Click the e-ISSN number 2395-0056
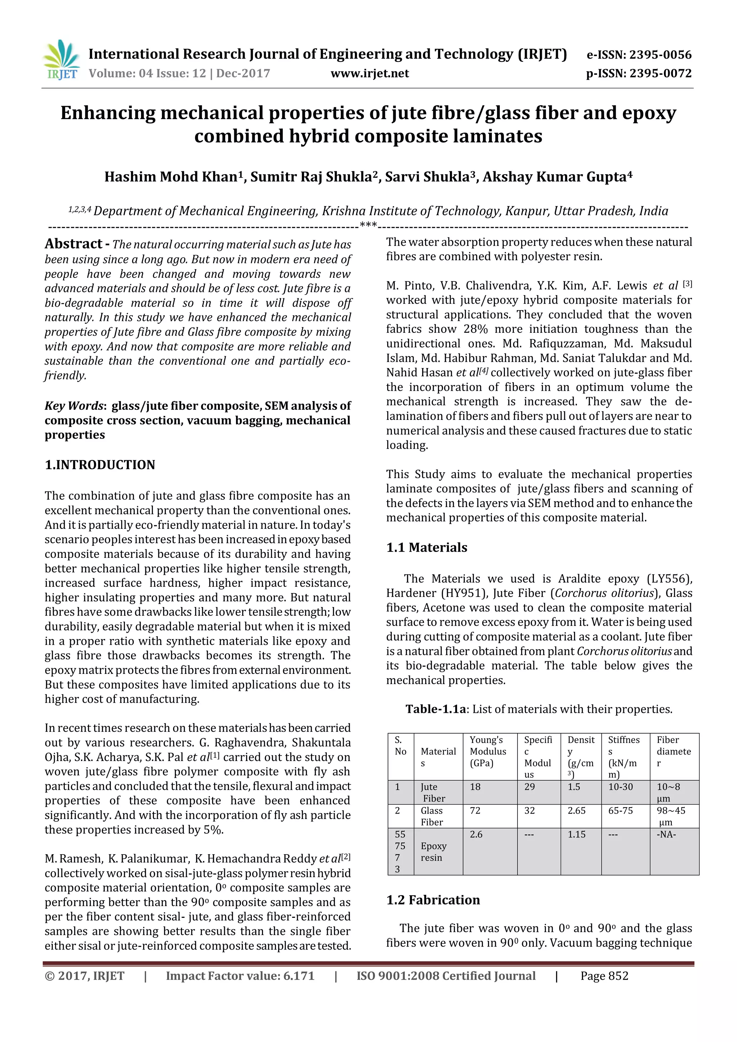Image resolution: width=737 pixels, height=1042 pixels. (x=639, y=55)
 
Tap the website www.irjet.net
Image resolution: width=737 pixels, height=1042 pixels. (x=370, y=73)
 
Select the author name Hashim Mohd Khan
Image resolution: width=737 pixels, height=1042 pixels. (x=172, y=177)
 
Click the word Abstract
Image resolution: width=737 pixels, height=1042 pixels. (x=73, y=244)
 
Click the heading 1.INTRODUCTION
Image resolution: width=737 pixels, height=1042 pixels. (x=100, y=465)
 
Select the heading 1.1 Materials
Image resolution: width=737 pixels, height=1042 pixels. (x=426, y=547)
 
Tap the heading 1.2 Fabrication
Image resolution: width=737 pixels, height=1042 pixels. (x=433, y=900)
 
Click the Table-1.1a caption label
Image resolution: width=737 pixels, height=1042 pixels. (x=436, y=709)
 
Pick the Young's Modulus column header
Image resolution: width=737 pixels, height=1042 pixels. (x=488, y=752)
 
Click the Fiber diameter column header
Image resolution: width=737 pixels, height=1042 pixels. (x=673, y=752)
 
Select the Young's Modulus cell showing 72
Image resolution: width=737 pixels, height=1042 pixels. (x=475, y=811)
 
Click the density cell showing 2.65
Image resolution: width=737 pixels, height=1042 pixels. (x=577, y=811)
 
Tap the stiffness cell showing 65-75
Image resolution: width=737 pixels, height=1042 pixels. (x=620, y=811)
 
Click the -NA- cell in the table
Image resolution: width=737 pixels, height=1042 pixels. (x=666, y=834)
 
